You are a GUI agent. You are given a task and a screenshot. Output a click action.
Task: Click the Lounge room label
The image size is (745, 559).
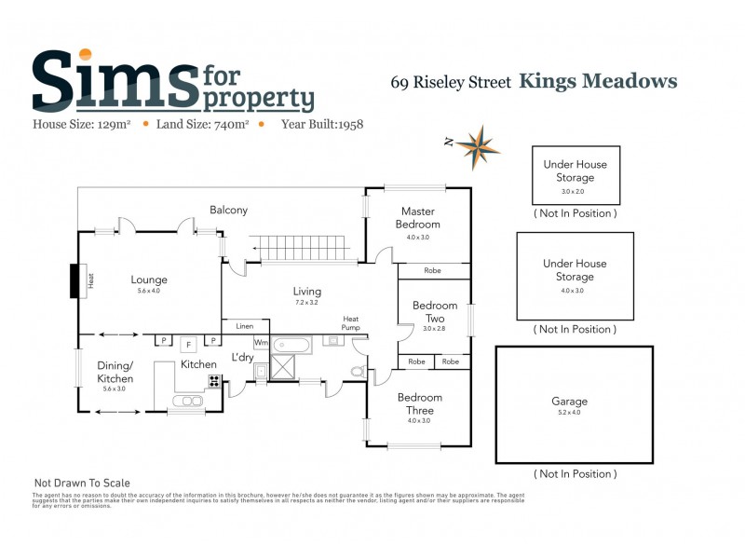click(149, 279)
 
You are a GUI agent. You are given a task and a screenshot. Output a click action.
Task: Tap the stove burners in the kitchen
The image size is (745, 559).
click(214, 380)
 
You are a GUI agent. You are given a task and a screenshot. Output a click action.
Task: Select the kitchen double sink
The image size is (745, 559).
click(186, 401)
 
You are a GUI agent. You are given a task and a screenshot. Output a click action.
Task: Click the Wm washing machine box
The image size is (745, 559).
click(261, 343)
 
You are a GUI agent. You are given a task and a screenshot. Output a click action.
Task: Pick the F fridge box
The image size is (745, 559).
click(186, 343)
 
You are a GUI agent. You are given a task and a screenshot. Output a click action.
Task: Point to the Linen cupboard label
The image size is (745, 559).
click(245, 326)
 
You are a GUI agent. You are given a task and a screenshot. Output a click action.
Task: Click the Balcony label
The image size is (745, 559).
click(228, 210)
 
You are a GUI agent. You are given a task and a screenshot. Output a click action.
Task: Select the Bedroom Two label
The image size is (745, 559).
click(435, 311)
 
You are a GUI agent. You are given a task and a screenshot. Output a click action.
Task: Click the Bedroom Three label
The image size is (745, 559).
click(420, 403)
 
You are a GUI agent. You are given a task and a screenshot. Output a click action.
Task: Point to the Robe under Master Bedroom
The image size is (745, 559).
click(433, 271)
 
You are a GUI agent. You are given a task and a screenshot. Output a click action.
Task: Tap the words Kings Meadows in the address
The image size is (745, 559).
click(597, 81)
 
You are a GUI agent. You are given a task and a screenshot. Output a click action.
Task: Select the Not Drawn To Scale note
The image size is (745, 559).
click(82, 483)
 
